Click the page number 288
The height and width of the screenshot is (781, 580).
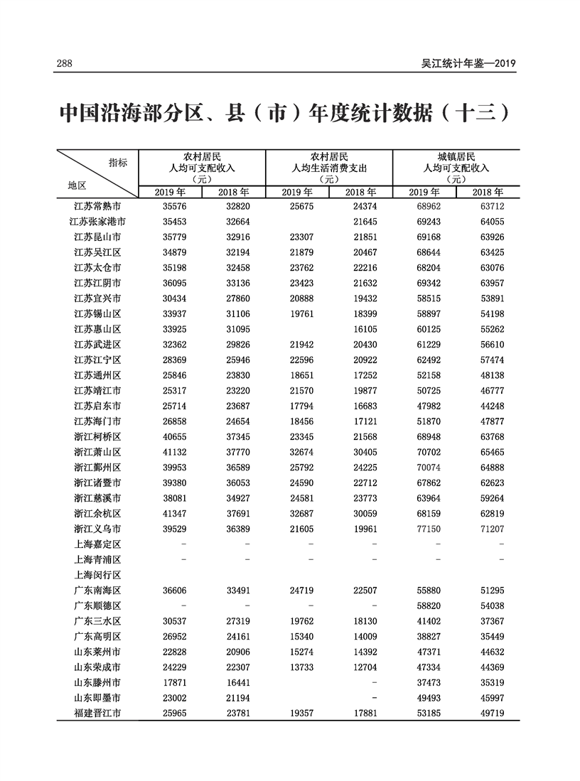65,64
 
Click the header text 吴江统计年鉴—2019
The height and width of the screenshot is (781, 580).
468,64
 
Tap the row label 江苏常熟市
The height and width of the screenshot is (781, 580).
97,206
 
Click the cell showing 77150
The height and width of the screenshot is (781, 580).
424,529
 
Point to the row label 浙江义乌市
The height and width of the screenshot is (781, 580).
97,529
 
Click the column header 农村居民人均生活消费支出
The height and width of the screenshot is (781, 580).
329,168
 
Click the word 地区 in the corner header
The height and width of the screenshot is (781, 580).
77,185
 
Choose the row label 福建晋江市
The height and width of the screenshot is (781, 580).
97,713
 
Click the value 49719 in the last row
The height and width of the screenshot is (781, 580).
488,713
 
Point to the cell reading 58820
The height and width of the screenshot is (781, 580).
424,605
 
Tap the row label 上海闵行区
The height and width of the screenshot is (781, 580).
97,575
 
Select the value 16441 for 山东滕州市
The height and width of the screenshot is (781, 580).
233,682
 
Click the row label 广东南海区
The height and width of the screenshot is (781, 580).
97,591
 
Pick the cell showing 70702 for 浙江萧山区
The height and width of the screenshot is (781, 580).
424,452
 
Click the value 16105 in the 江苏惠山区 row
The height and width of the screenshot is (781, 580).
361,329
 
